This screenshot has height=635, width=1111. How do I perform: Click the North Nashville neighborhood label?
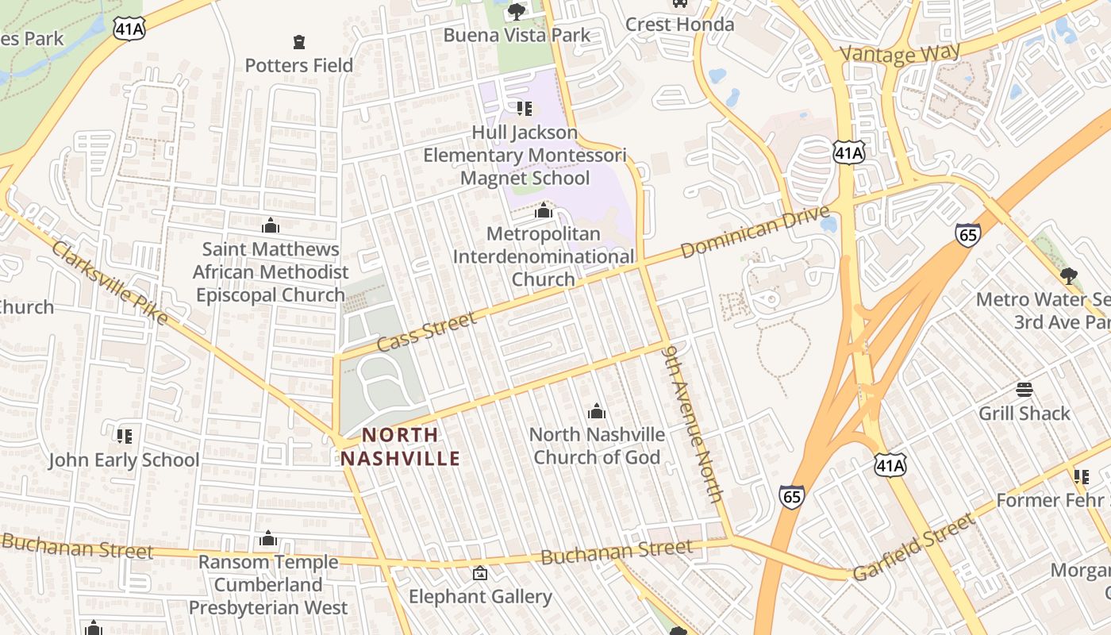pos(401,446)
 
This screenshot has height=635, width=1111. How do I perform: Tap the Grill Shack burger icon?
pos(1025,390)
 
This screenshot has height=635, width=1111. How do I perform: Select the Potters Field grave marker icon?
pos(299,41)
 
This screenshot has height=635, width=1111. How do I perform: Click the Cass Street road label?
pos(427,332)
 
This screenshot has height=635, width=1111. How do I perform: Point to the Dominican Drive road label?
pos(755,231)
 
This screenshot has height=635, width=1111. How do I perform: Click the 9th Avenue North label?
pos(694,423)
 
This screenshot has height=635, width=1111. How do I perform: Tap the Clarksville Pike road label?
pos(110,283)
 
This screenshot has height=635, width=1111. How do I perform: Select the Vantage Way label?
pos(900,53)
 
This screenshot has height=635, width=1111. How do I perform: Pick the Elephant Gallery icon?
pos(480,573)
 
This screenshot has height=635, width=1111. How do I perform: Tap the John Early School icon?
pos(125,436)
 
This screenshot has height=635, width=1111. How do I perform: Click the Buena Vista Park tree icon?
pos(517,11)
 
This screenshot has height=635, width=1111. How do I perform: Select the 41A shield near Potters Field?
pos(129,29)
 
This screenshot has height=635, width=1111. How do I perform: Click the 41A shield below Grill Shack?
pos(890,465)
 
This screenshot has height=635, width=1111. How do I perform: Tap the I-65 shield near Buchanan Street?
pos(791,496)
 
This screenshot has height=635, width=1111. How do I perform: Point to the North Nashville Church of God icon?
pos(597,411)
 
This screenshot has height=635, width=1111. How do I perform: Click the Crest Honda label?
pos(679,25)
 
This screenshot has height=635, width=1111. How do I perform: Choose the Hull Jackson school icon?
pos(524,108)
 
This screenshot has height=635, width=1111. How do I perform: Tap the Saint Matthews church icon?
pos(271,225)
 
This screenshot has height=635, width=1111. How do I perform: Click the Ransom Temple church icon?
pos(268,539)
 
